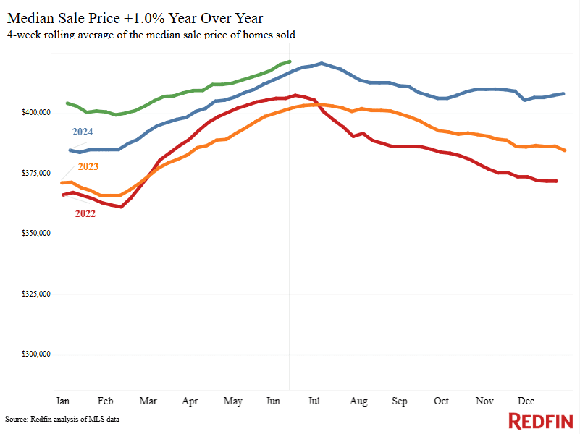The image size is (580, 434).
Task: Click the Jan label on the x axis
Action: [62, 400]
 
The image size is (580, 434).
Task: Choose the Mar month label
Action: [148, 400]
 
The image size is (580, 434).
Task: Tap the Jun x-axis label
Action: [274, 400]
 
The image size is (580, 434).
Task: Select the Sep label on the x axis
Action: [399, 400]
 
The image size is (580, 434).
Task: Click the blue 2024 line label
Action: [83, 132]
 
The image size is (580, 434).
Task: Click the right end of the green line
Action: [290, 61]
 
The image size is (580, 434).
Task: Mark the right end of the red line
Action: [556, 181]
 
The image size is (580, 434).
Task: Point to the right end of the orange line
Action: [565, 150]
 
